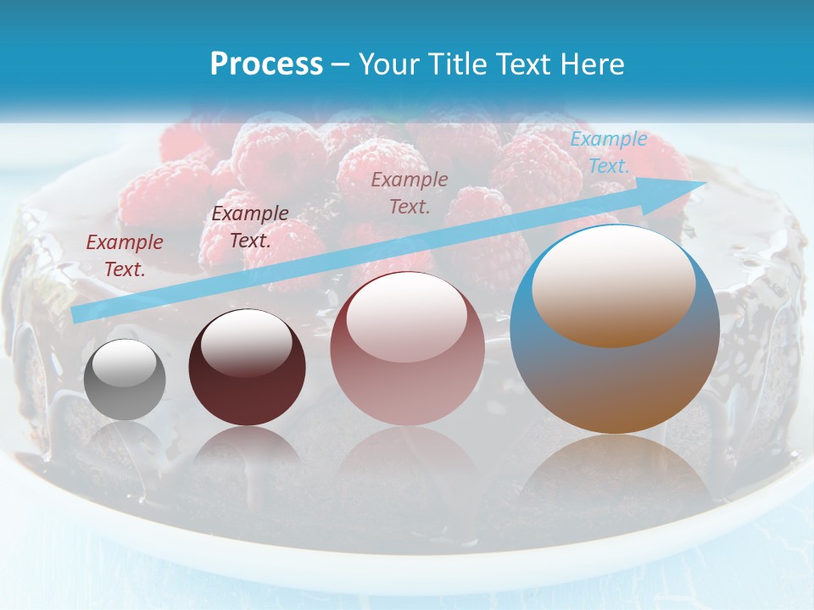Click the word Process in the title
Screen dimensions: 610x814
tap(266, 64)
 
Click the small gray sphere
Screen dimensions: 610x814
tap(125, 380)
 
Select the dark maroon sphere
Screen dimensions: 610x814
tap(247, 368)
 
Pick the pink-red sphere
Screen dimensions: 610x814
tap(407, 348)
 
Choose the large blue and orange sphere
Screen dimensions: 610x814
tap(615, 329)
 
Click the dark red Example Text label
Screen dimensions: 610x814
tap(125, 256)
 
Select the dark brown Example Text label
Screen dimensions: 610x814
tap(250, 226)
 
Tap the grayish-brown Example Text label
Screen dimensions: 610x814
tap(410, 192)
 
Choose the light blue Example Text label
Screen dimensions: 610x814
tap(608, 152)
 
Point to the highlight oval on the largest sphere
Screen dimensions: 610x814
tap(614, 286)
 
